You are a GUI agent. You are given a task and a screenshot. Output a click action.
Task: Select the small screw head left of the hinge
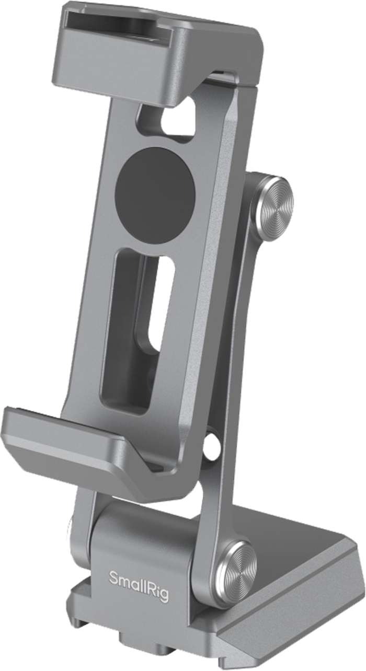click(x=70, y=533)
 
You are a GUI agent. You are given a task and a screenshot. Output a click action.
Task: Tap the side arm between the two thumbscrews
click(x=230, y=366)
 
